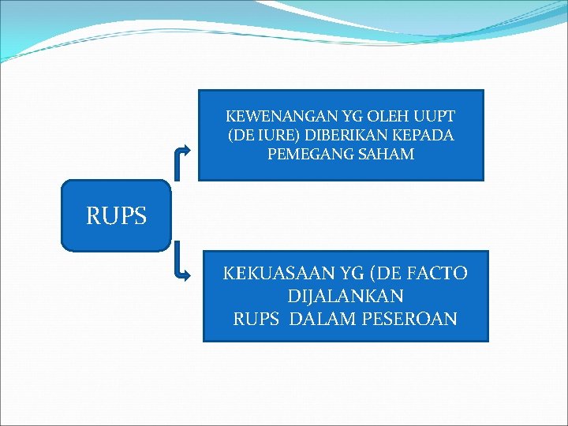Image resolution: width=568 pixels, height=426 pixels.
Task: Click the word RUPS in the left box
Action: (x=117, y=215)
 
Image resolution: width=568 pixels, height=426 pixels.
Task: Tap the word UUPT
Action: (x=436, y=117)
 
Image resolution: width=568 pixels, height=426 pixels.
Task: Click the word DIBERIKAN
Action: (x=335, y=135)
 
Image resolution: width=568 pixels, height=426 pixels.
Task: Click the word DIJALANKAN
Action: (x=346, y=297)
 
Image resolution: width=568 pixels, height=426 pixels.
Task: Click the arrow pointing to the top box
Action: (x=182, y=150)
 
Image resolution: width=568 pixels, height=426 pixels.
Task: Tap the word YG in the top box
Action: (x=339, y=117)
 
